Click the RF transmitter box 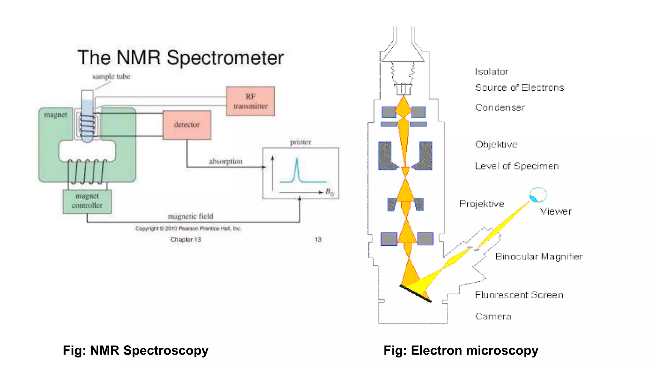coord(250,101)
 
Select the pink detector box coord(187,125)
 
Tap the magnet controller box coord(87,201)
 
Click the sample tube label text coord(111,77)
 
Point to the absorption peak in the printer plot coord(297,168)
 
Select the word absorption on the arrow coord(225,161)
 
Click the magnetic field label coord(190,217)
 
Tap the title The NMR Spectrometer coord(180,58)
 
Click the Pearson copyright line coord(188,228)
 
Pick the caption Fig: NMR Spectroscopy coord(135,350)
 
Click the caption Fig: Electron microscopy coord(460,350)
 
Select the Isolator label coord(491,72)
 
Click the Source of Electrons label coord(519,88)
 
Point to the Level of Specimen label coord(517,166)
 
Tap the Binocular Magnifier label coord(539,256)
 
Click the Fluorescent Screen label coord(519,295)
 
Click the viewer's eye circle coord(538,195)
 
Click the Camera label coord(493,316)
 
